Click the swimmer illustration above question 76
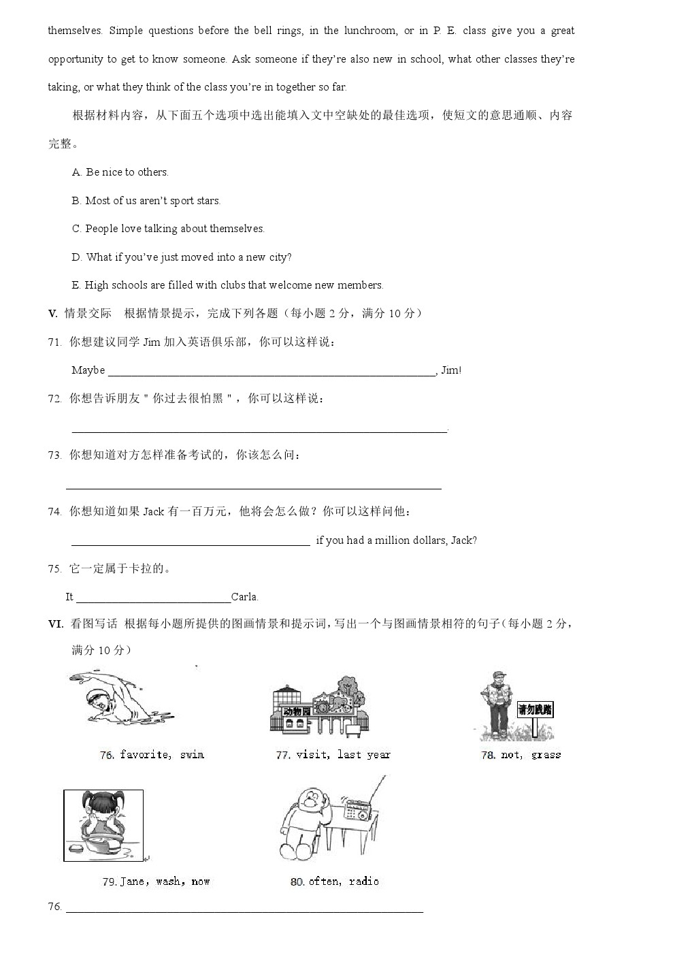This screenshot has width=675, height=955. coord(122,698)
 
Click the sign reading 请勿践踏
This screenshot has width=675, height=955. coord(535,710)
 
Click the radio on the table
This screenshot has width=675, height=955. coord(357,810)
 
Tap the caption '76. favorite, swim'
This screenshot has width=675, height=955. coord(152,755)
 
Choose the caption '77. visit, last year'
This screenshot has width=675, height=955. coord(333,755)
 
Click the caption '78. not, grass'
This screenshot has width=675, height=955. coord(521,755)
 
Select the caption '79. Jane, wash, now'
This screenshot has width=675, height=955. coord(156,881)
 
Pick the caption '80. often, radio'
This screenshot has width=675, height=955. coord(334,881)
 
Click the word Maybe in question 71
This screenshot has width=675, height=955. coord(88,370)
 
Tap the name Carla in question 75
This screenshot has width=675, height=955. coord(244,597)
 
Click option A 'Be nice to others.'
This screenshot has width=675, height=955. coord(120,172)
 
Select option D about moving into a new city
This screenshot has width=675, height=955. coord(182,257)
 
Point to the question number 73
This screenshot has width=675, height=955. coord(54,455)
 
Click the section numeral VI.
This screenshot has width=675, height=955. coord(55,624)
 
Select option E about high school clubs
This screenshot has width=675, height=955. coord(227,285)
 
